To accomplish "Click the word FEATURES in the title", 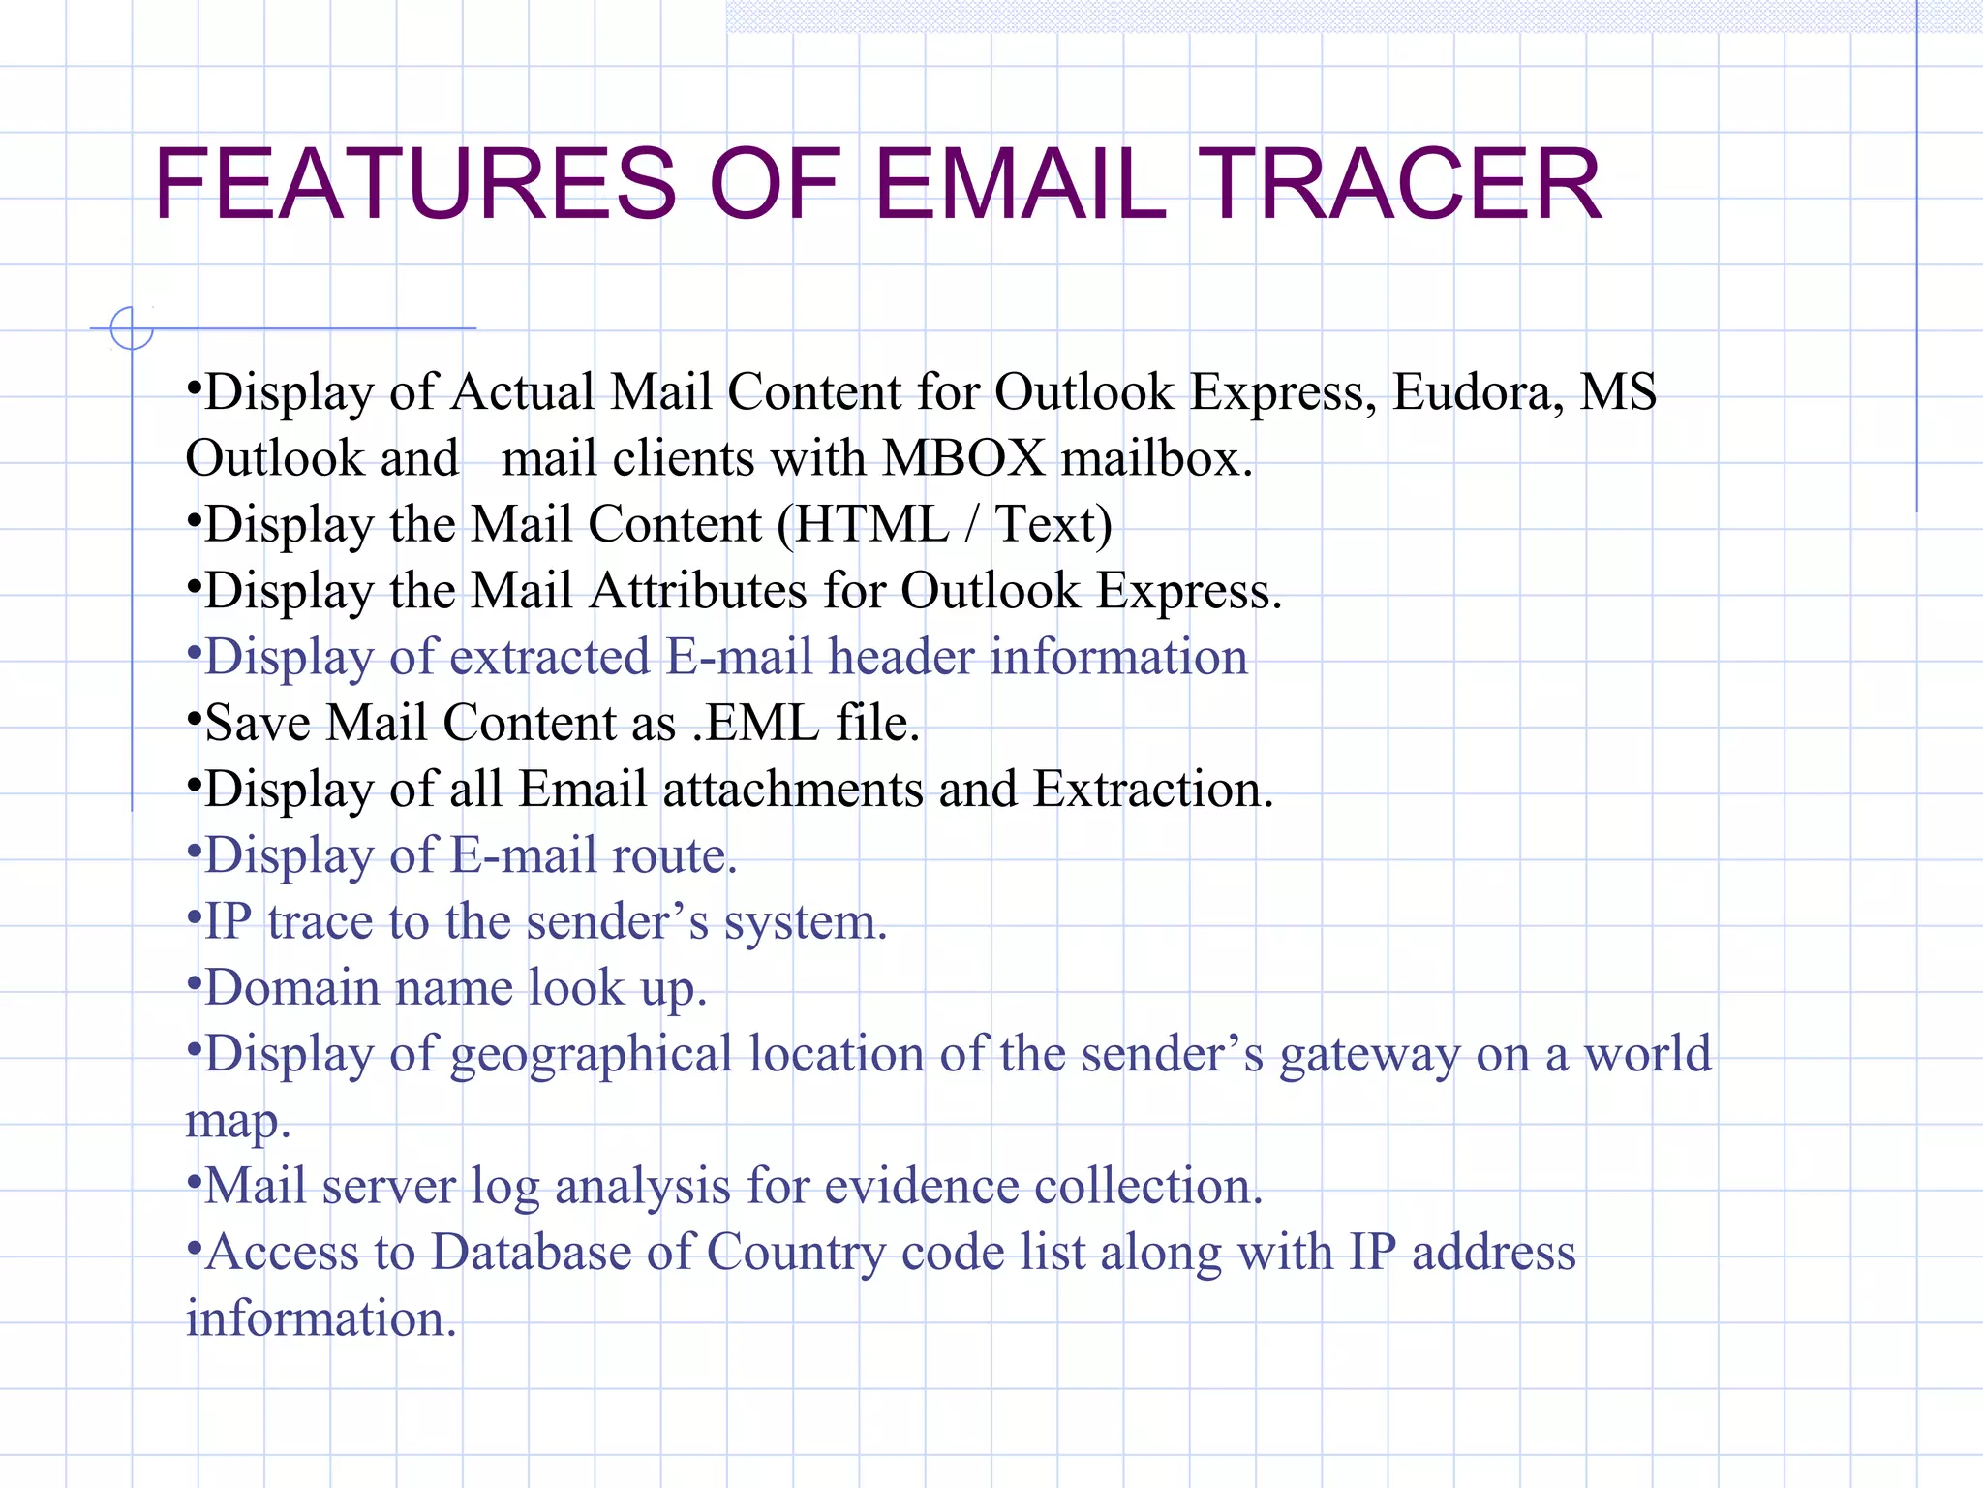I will click(x=415, y=184).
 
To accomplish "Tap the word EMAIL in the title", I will click(x=1021, y=184).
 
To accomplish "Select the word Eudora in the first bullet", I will click(x=1478, y=392).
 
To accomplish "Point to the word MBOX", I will click(x=964, y=458).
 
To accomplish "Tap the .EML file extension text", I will click(x=756, y=723).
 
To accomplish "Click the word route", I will click(x=673, y=855).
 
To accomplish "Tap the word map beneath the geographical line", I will click(x=236, y=1122).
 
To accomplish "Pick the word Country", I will click(x=795, y=1252).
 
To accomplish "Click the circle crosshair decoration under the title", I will click(x=132, y=328).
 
